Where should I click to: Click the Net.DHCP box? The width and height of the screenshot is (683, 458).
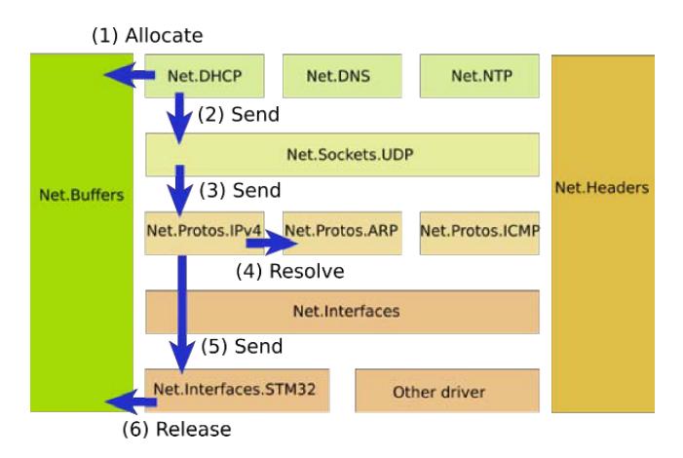pos(207,76)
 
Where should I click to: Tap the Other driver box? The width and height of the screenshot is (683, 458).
pos(446,391)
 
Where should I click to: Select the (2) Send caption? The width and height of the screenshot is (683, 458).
pos(239,115)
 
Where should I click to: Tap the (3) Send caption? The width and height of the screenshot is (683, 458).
pos(240,190)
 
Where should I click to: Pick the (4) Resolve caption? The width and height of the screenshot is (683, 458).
pos(291,270)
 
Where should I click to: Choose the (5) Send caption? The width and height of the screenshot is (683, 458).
pos(242,346)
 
